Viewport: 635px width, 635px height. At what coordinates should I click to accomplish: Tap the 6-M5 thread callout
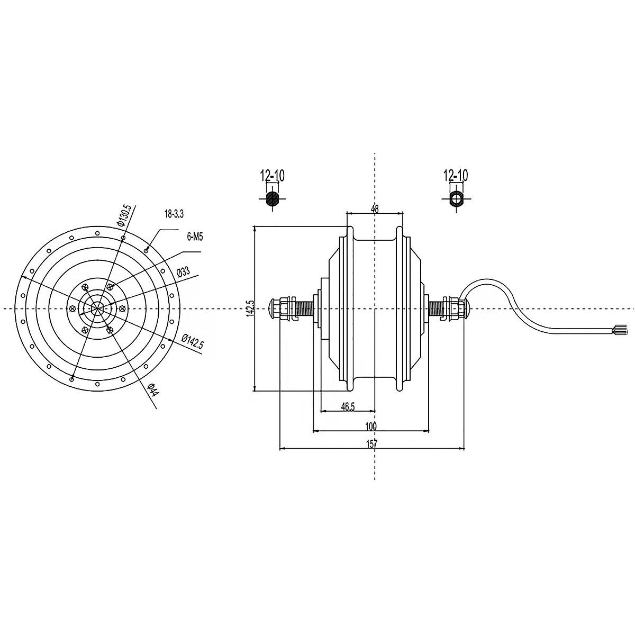tap(194, 238)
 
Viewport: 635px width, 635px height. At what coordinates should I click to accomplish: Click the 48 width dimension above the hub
tap(375, 209)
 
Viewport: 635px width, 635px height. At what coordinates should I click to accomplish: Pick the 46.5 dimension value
tap(348, 406)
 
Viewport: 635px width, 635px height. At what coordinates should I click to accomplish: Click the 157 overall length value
tap(371, 444)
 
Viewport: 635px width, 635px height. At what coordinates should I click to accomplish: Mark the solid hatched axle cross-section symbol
tap(272, 199)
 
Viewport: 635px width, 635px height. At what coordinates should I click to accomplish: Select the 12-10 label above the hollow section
tap(456, 176)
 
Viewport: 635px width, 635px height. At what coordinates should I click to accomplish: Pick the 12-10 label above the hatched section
tap(272, 176)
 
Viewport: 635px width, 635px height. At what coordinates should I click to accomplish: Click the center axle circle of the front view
tap(97, 309)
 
